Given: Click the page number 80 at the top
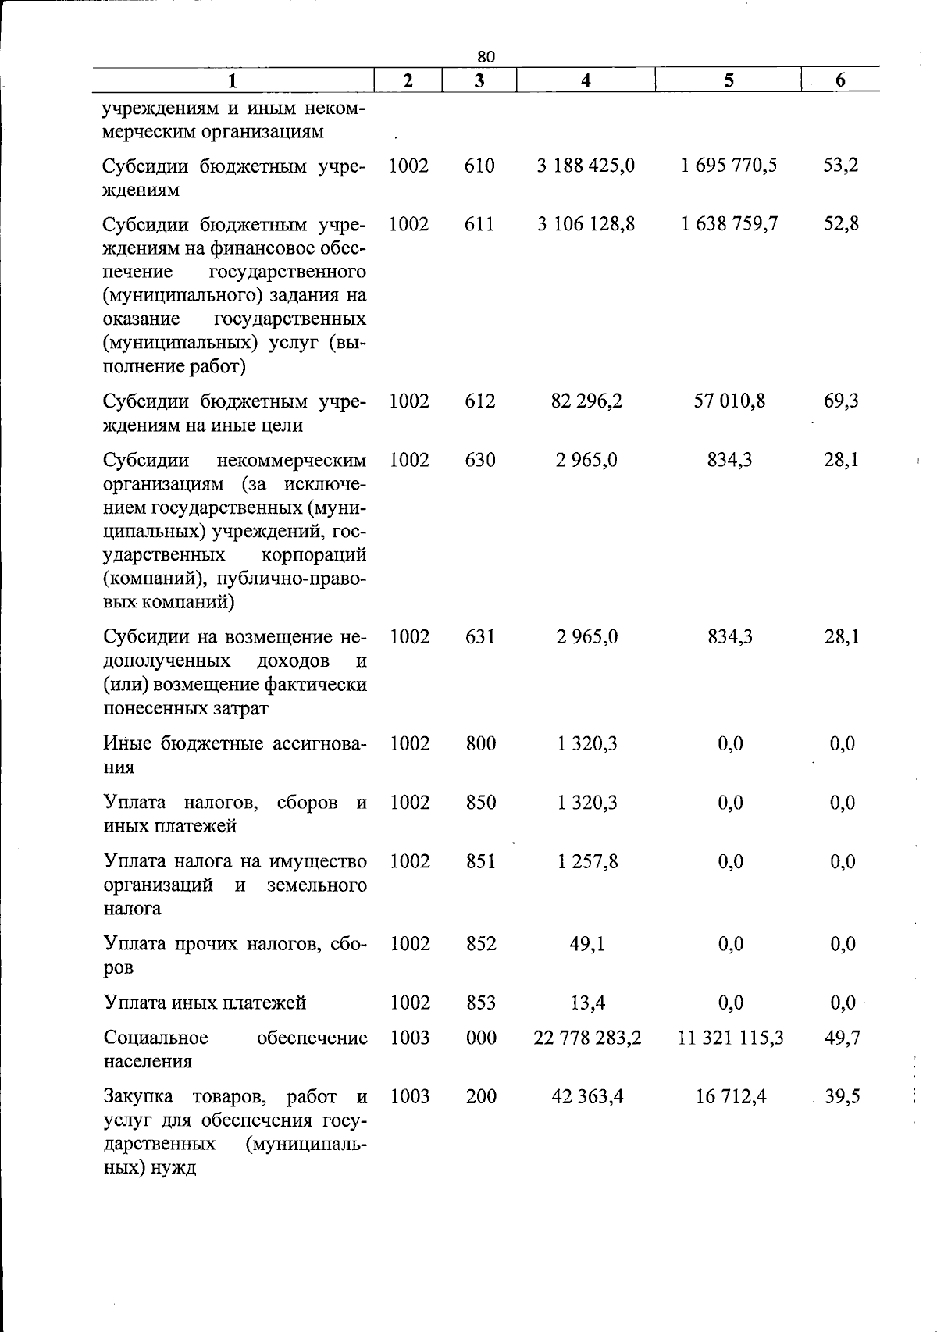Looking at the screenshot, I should coord(486,56).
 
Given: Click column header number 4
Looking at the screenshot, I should coord(586,80).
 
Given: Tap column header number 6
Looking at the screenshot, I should coord(840,80).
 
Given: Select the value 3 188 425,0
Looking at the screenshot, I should coord(586,166).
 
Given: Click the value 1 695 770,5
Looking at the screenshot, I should coord(729,166).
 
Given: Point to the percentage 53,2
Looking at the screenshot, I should coord(841,166).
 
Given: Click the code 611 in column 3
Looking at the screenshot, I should coord(479,225).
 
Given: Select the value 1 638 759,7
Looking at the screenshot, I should coord(729,225).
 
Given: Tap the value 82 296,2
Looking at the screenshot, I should coord(586,401).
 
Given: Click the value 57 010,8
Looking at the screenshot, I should coord(729,401).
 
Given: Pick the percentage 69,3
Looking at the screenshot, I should coord(841,401).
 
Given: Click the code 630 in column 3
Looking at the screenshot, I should coord(479,461).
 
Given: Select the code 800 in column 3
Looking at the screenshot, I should coord(480,743).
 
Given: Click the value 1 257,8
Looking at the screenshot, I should coord(587,862).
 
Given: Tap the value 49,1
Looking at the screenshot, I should coord(587,944).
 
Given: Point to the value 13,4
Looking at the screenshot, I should coord(589,1003).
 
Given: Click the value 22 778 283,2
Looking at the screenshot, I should coord(587,1038).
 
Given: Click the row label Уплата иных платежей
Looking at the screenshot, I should coord(205,1003).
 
